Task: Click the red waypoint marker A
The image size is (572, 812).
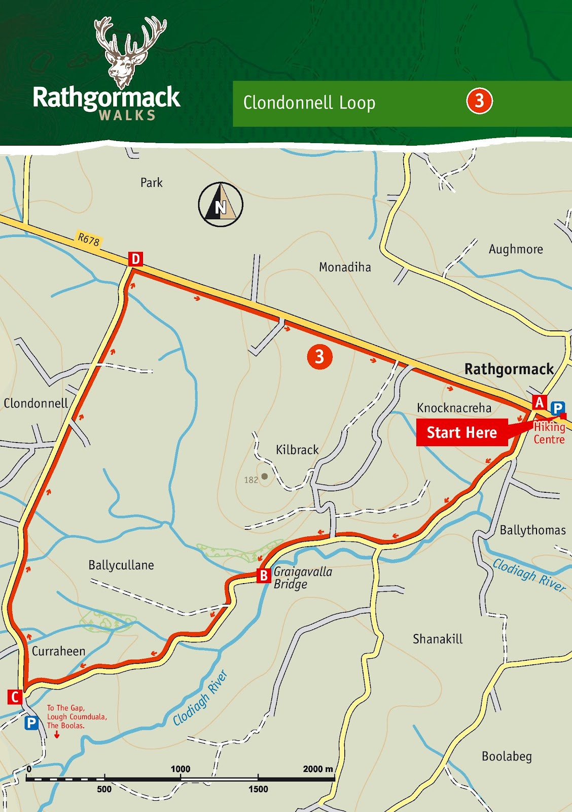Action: click(x=539, y=402)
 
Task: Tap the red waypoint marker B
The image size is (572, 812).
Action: click(x=264, y=576)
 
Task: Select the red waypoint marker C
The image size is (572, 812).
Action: click(x=15, y=697)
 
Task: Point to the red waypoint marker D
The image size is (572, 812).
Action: click(x=135, y=259)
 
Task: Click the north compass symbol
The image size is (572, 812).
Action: click(x=221, y=205)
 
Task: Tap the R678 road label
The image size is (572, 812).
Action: click(x=89, y=239)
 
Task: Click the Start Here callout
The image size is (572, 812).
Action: click(x=461, y=432)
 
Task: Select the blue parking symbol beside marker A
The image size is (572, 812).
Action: click(x=557, y=408)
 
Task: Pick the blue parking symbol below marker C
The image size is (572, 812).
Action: click(x=31, y=723)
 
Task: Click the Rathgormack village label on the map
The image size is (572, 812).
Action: click(x=509, y=369)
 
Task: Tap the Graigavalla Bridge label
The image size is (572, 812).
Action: click(x=303, y=578)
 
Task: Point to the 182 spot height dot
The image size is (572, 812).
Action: click(x=264, y=477)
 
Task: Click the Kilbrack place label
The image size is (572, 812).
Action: click(x=297, y=450)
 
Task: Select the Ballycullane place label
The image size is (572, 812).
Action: click(x=121, y=565)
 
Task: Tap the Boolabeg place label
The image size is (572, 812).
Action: click(x=507, y=756)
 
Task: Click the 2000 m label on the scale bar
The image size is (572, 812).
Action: click(x=318, y=769)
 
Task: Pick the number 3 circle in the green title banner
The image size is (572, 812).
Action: click(x=479, y=101)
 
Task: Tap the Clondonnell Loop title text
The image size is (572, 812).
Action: click(x=309, y=103)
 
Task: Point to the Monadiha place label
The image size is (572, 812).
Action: click(x=345, y=267)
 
